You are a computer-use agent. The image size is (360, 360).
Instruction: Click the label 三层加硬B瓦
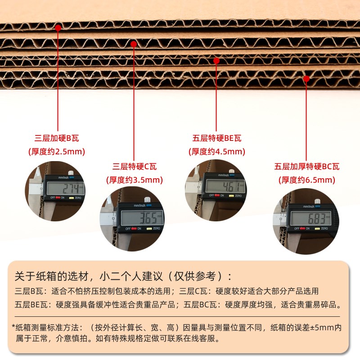pos(59,138)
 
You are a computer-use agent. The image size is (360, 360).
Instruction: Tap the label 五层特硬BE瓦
pos(217,138)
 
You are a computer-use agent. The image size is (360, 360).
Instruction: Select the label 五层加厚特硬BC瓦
pos(306,166)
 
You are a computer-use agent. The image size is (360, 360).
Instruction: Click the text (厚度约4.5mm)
pos(217,152)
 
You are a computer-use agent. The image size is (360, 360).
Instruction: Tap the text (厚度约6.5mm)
pos(306,180)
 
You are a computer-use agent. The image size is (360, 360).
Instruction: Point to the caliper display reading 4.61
pos(225,185)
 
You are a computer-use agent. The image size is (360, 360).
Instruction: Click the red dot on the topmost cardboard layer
pos(58,28)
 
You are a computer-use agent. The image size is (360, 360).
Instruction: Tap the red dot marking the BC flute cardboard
pos(306,78)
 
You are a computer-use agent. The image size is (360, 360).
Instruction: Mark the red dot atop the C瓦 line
pos(134,44)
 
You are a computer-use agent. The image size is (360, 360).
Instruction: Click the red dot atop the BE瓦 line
pos(216,60)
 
